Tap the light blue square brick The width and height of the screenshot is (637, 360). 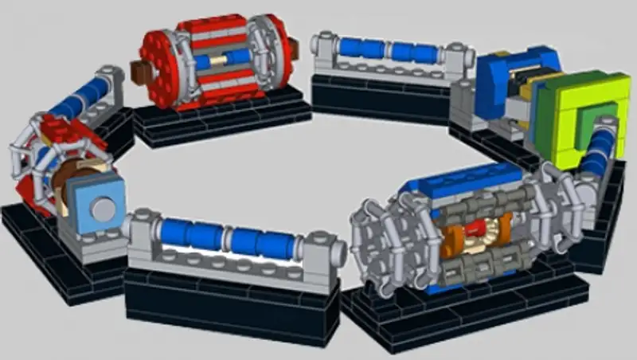[x=98, y=205]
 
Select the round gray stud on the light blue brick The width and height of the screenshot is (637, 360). [x=102, y=209]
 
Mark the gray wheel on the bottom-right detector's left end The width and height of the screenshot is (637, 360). [x=374, y=239]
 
